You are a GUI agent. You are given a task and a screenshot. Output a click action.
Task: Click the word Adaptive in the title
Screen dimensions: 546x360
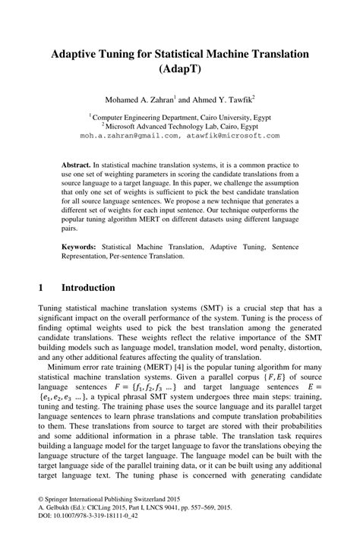[79, 55]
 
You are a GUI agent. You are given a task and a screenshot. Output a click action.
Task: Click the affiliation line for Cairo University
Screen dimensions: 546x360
[181, 118]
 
